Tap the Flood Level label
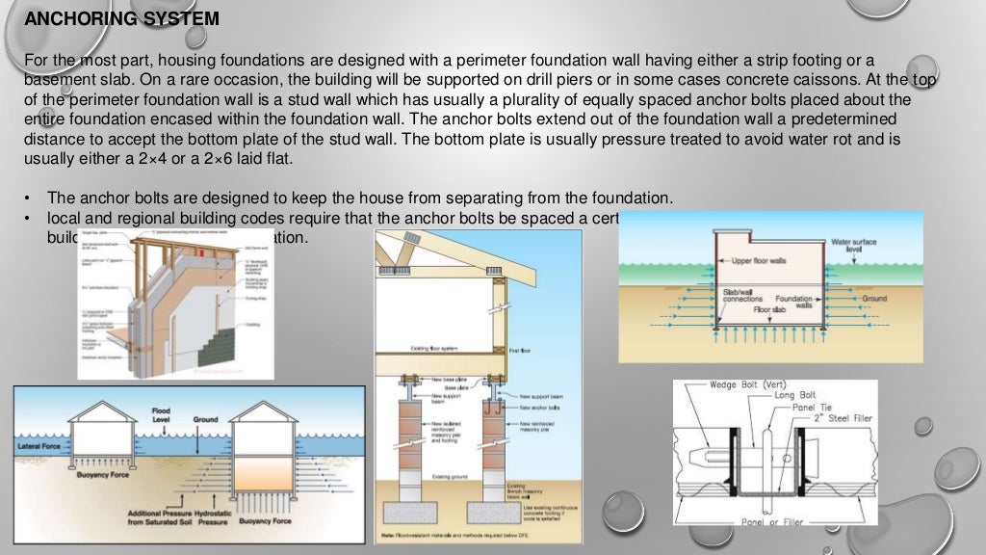(161, 416)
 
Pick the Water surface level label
(853, 247)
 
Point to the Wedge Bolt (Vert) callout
(746, 385)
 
